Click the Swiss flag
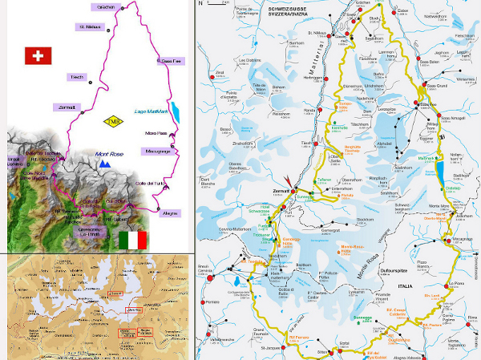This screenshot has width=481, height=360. point(36,55)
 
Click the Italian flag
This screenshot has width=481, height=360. point(133,240)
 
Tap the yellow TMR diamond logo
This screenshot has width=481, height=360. point(115,122)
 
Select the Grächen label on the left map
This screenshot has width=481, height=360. point(107,7)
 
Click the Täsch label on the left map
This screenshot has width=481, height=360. point(77,77)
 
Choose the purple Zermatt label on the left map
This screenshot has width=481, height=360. point(66,107)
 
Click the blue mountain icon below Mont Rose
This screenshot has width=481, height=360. point(104,164)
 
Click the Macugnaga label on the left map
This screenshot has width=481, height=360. point(158,151)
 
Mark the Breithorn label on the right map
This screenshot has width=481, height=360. point(303,265)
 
